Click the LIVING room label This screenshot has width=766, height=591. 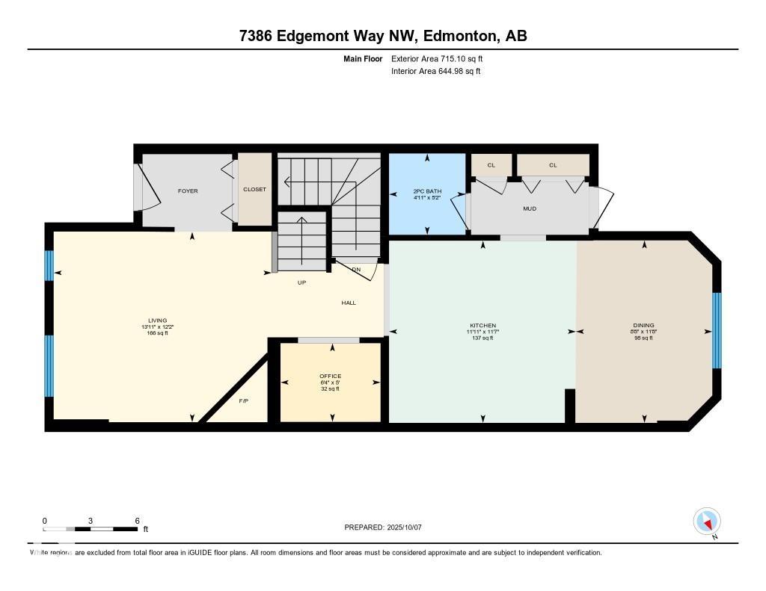click(x=157, y=321)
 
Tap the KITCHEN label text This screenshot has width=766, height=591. click(x=482, y=326)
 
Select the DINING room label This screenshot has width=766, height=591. click(x=643, y=325)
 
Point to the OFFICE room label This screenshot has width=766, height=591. click(x=330, y=376)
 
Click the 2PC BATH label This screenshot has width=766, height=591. click(x=427, y=192)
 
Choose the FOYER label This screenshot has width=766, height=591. click(x=188, y=191)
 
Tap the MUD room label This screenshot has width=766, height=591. click(x=530, y=209)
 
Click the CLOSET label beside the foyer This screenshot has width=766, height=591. click(x=254, y=190)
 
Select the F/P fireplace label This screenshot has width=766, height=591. click(x=243, y=401)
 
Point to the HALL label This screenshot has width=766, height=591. click(x=349, y=303)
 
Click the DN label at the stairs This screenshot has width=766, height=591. click(x=356, y=269)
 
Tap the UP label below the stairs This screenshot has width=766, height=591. click(x=301, y=282)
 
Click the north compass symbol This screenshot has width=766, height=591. click(x=707, y=521)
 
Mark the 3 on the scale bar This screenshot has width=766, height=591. click(x=91, y=520)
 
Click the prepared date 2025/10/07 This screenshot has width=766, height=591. click(x=407, y=527)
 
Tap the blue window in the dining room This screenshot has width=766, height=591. click(x=716, y=330)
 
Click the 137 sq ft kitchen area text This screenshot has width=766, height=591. click(x=482, y=338)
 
